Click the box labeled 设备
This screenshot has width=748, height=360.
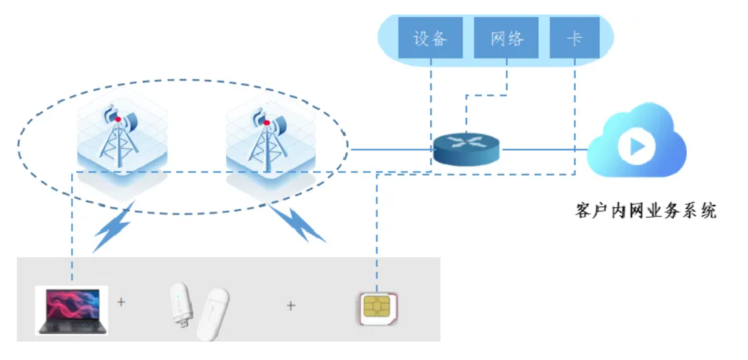pos(430,38)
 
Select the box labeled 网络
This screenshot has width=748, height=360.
pos(507,38)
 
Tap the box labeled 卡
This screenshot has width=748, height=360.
pos(574,38)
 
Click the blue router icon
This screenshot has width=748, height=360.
pos(466,148)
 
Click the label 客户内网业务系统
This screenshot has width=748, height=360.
pos(645,211)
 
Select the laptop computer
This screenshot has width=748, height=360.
pos(72,310)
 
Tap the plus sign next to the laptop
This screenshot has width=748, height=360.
pos(121,303)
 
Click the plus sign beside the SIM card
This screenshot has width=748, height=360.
pos(291,305)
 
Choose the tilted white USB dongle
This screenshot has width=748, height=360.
pos(212,315)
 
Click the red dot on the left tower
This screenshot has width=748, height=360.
pos(118,118)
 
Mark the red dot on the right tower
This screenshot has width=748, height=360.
pos(266,122)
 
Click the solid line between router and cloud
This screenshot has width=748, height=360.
pos(543,149)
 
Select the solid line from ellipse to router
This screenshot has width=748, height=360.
pos(391,149)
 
